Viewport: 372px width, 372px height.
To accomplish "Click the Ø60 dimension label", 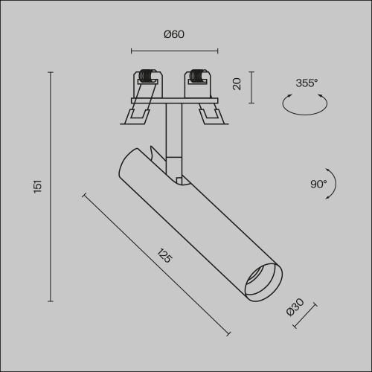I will pyautogui.click(x=173, y=34).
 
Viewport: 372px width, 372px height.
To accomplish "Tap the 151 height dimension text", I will pyautogui.click(x=37, y=187).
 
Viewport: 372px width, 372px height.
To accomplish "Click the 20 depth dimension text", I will pyautogui.click(x=237, y=84).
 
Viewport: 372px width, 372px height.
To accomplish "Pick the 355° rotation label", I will pyautogui.click(x=306, y=83).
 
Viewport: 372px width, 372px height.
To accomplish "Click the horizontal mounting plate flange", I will pyautogui.click(x=174, y=100).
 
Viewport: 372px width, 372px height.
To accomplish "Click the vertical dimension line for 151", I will pyautogui.click(x=51, y=187).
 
